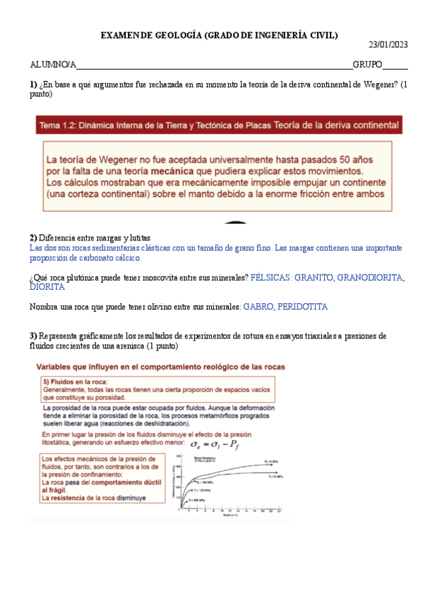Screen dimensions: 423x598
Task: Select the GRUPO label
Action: [x=367, y=65]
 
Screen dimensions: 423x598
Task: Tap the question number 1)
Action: [x=33, y=85]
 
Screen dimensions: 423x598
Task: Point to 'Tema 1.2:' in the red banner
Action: [x=59, y=126]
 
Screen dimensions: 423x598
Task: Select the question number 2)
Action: [x=33, y=238]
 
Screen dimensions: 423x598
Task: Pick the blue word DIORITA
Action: [x=47, y=288]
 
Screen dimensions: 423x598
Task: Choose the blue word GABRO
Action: [x=257, y=307]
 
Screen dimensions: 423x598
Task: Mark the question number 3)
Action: [x=33, y=336]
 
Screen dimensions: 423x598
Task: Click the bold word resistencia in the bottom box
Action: [x=77, y=498]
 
